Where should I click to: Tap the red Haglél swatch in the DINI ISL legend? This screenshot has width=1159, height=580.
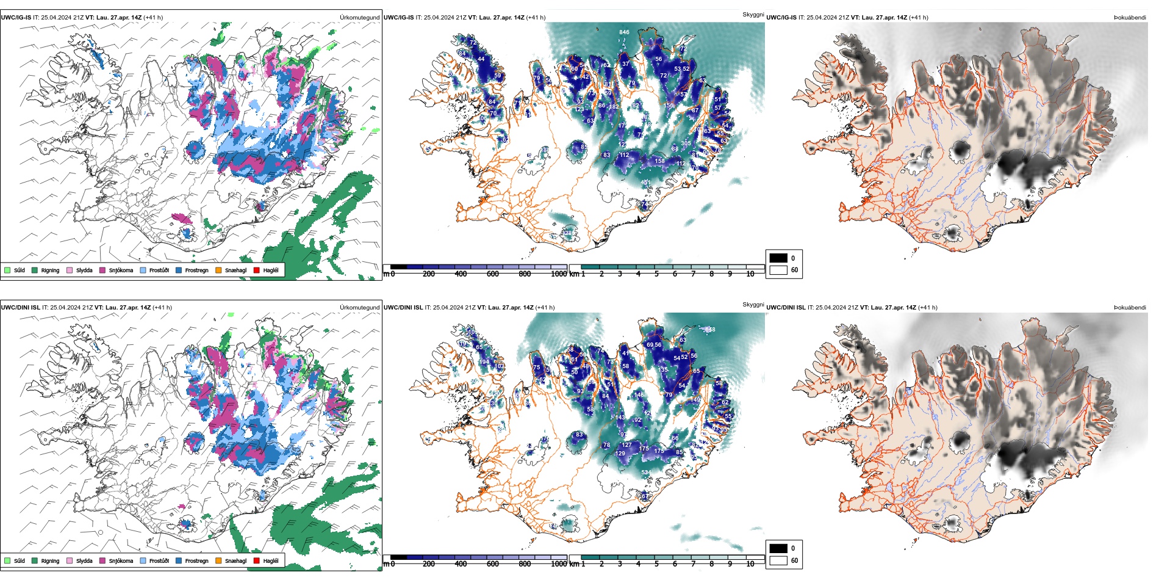[x=256, y=560]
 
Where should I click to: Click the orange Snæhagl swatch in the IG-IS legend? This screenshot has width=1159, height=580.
[x=218, y=270]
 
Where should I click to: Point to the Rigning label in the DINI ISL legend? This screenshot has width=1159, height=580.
[x=50, y=560]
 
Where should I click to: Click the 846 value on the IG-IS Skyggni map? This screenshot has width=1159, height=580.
[x=624, y=32]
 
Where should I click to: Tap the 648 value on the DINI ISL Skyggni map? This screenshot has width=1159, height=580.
[x=710, y=330]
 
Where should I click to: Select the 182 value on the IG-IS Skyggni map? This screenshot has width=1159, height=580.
[x=614, y=107]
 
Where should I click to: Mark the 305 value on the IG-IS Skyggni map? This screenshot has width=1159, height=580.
[x=686, y=143]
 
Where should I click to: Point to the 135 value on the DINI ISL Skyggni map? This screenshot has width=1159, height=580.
[x=664, y=369]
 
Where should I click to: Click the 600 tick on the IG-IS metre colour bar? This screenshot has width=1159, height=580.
[x=492, y=274]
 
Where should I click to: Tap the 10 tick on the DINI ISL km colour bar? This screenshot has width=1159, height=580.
[x=750, y=564]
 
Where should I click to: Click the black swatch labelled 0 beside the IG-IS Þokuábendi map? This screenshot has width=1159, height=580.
[x=778, y=258]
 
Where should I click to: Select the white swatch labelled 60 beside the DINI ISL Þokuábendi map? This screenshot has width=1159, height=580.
[x=778, y=560]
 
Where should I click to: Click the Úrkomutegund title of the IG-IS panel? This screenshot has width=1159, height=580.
[x=359, y=18]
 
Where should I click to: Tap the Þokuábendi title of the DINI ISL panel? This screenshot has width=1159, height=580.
[x=1130, y=308]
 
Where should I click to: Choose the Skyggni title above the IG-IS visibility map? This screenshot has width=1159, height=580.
[x=753, y=14]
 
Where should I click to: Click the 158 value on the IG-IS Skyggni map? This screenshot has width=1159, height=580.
[x=660, y=161]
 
